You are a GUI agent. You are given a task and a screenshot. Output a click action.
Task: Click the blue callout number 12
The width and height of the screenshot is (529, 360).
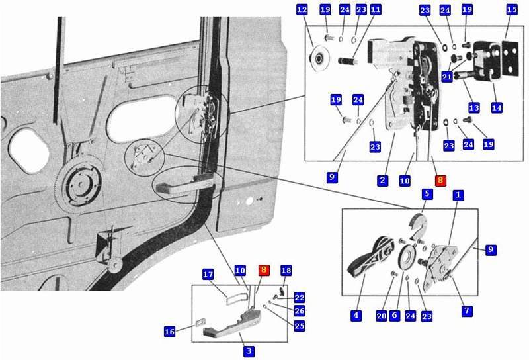pos(302,9)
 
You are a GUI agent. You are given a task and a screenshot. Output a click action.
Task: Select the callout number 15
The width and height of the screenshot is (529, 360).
pos(512,9)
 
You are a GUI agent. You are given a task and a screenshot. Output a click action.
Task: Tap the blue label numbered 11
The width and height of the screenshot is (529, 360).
pos(376,9)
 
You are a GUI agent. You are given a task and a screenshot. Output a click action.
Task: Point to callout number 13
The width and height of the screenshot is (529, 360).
pos(474,108)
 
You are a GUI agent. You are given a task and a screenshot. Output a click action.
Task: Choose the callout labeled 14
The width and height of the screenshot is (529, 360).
pos(497,108)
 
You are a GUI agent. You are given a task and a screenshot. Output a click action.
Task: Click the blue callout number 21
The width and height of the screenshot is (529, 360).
pos(447,77)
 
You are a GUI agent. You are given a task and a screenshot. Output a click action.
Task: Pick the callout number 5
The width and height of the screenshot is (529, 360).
pos(427,194)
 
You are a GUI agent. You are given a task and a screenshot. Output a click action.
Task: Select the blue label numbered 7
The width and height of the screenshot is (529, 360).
pos(467,311)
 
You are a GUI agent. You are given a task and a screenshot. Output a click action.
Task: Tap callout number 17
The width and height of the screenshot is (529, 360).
pos(208,274)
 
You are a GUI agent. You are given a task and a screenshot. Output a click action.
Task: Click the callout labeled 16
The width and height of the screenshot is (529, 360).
pos(169,332)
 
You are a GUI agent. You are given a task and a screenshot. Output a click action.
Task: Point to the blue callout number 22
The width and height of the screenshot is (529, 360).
pos(300,298)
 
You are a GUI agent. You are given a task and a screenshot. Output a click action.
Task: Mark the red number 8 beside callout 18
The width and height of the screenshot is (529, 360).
pos(264,270)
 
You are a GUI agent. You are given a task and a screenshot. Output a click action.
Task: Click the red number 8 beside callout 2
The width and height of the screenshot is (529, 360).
pos(440,181)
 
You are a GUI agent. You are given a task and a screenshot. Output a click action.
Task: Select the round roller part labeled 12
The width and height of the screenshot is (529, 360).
pos(318,60)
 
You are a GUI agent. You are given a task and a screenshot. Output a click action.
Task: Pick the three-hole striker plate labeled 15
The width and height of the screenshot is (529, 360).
pos(510,58)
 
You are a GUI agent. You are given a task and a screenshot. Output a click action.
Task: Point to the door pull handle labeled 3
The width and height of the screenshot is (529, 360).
pos(232,323)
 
